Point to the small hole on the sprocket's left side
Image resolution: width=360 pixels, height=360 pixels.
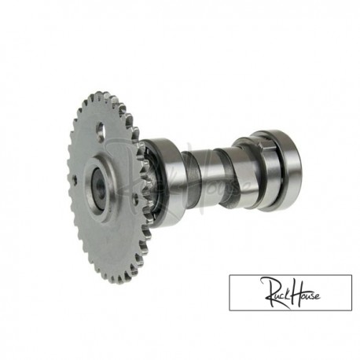tap(80, 182)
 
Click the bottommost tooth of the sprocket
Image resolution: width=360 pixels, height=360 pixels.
tap(119, 279)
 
